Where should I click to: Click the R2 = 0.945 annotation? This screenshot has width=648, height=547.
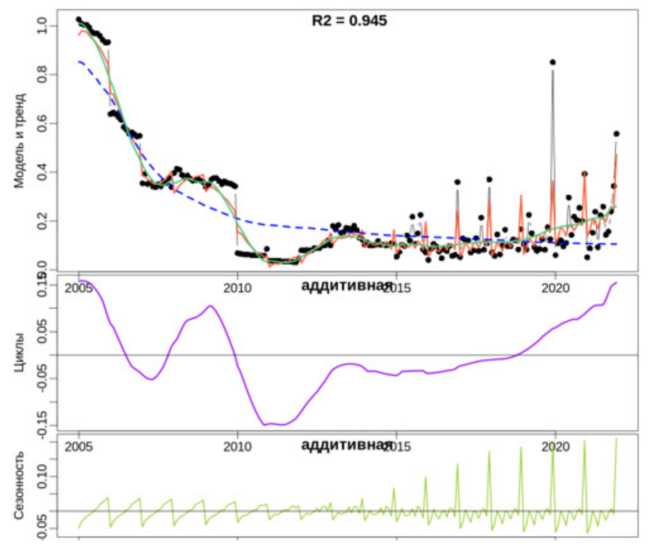point(349,21)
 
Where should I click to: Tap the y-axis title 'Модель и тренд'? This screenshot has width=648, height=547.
point(19,141)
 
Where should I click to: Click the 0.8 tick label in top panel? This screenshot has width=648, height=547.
point(42,74)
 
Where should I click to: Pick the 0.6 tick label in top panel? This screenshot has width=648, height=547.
point(42,123)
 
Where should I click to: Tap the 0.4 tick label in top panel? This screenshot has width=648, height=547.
point(42,172)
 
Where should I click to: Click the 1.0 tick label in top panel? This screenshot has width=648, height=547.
point(42,26)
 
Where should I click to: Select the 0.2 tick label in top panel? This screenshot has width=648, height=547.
point(42,221)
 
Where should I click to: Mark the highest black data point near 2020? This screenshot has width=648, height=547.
point(552,62)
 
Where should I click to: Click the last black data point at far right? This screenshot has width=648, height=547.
point(616,134)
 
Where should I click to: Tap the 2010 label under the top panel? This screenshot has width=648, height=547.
point(237,288)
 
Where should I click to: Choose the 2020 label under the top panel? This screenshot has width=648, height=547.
point(555,288)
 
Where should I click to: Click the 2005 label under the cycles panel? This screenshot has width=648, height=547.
point(78,447)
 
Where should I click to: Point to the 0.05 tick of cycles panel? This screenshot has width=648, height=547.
point(42,332)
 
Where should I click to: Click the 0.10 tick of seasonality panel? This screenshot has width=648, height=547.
point(42,476)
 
